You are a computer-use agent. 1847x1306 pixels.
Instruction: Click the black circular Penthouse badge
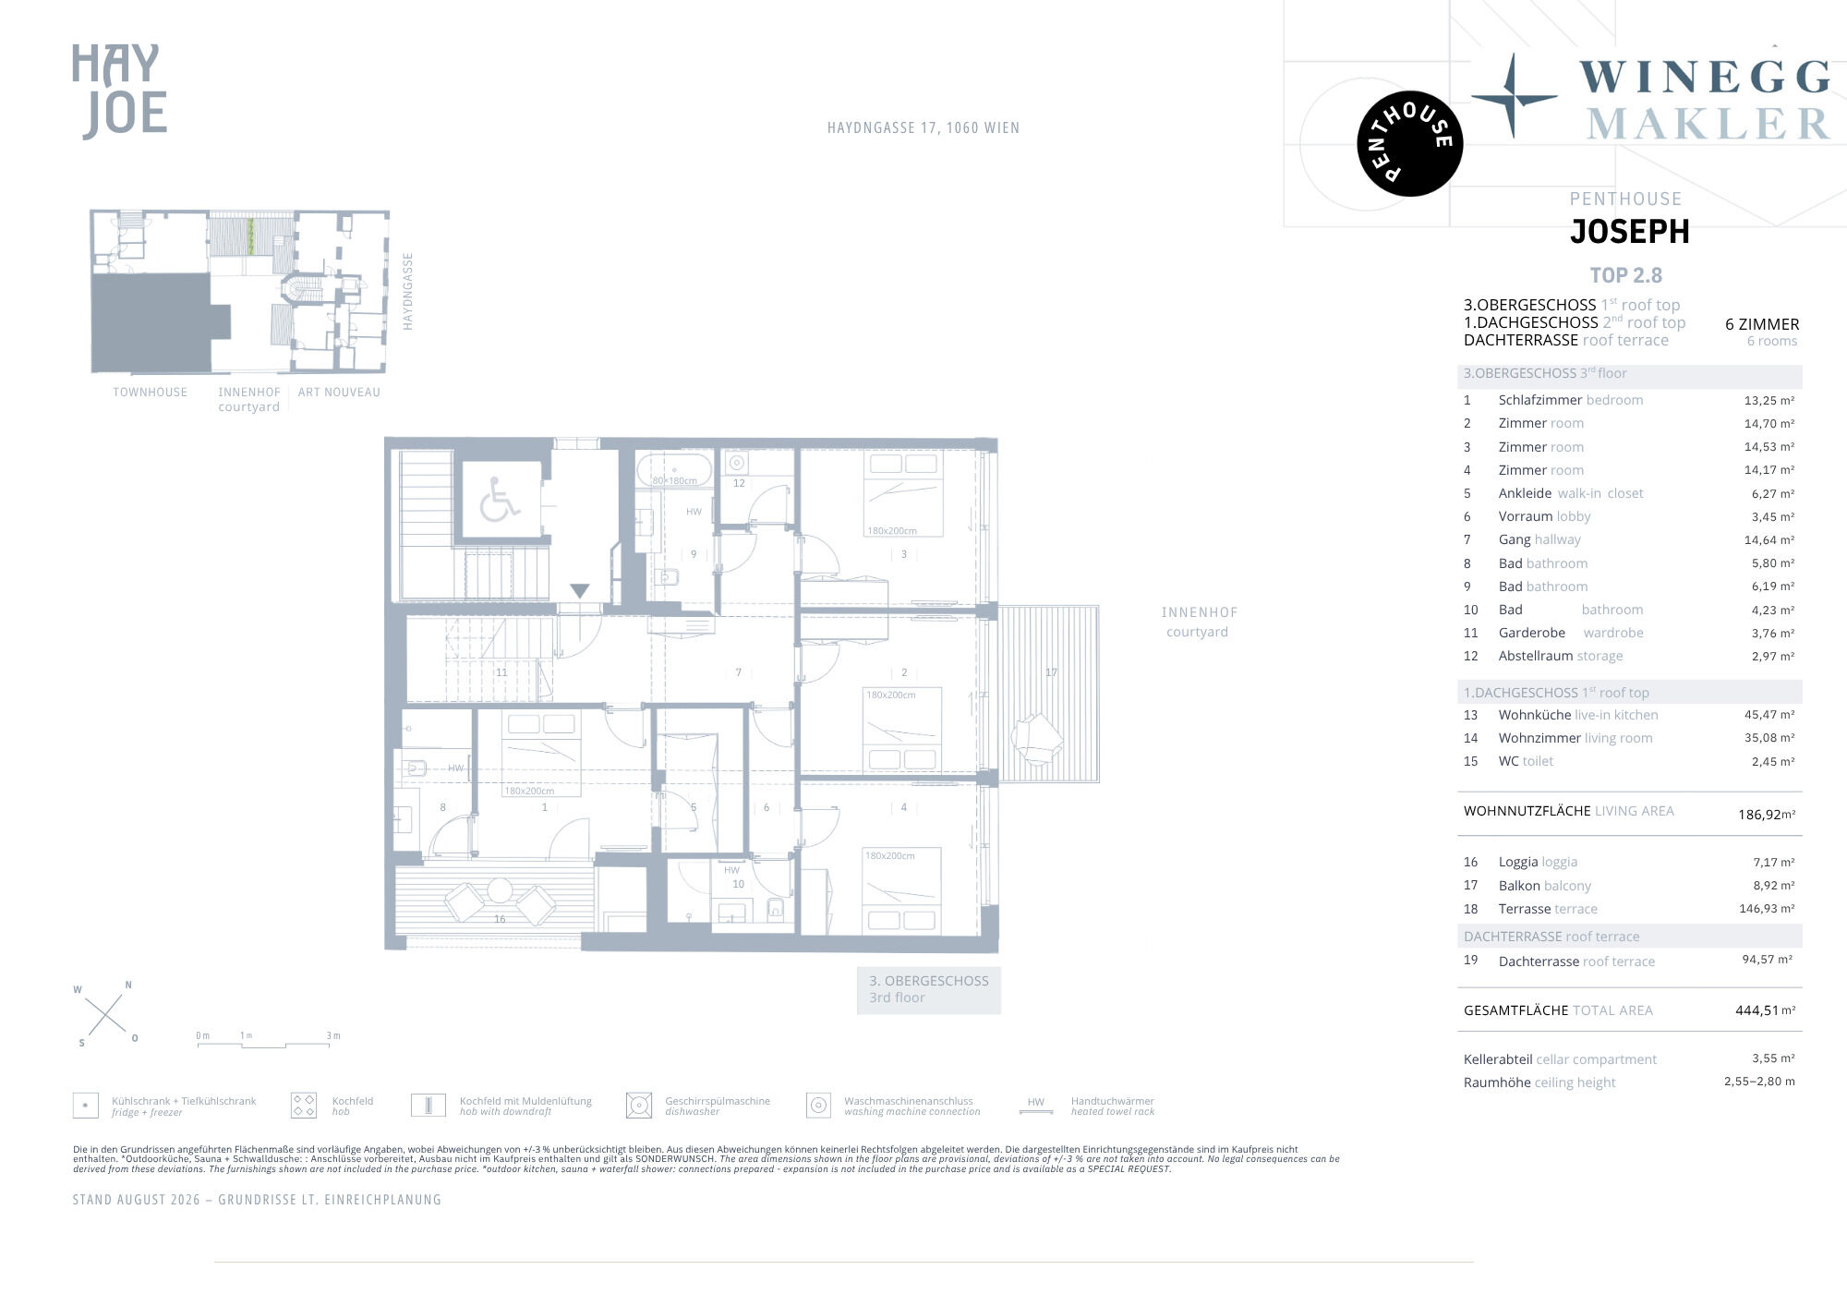click(x=1409, y=143)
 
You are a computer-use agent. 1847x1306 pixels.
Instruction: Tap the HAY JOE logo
click(x=119, y=91)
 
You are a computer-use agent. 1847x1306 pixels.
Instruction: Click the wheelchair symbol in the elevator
click(x=500, y=499)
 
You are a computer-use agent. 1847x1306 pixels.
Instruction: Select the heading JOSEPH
click(x=1629, y=231)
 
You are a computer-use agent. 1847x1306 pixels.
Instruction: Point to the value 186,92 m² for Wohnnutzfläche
click(x=1767, y=815)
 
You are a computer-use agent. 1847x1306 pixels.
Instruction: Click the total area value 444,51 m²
click(x=1765, y=1010)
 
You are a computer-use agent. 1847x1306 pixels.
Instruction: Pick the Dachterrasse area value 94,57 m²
click(x=1768, y=960)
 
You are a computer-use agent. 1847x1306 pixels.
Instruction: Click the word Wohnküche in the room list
click(x=1534, y=715)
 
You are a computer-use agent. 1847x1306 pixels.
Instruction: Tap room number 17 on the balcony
click(x=1051, y=672)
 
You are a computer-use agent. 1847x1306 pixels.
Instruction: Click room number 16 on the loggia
click(x=500, y=919)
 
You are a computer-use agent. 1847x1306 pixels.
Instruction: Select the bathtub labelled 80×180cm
click(x=674, y=469)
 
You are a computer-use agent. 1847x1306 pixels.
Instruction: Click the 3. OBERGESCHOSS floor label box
click(x=928, y=989)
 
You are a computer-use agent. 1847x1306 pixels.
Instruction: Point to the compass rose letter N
click(x=128, y=985)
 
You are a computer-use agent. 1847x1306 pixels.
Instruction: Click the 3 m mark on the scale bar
click(x=333, y=1036)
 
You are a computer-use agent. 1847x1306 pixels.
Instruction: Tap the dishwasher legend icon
click(x=639, y=1105)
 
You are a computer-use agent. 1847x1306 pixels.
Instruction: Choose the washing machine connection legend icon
click(x=818, y=1105)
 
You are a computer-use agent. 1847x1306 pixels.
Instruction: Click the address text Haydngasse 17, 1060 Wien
click(x=923, y=128)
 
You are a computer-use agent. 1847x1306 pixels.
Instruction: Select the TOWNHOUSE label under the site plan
click(x=150, y=393)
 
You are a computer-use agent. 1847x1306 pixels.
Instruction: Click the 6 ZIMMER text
click(x=1762, y=324)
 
